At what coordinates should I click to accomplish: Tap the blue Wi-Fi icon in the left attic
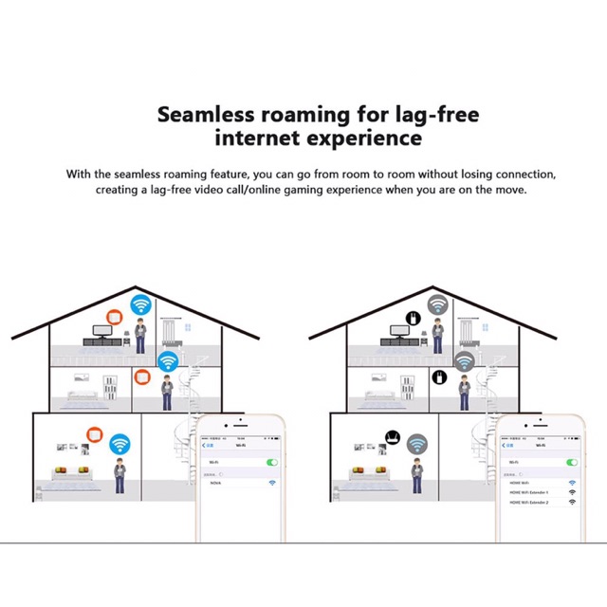(141, 304)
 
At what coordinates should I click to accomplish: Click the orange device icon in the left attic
(115, 317)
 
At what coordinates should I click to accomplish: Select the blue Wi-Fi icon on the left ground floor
(120, 443)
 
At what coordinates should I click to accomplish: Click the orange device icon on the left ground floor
(94, 435)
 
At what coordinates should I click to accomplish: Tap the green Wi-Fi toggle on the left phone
(272, 462)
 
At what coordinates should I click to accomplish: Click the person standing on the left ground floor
(120, 475)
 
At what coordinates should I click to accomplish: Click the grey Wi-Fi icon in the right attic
(437, 304)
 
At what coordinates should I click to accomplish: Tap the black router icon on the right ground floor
(390, 438)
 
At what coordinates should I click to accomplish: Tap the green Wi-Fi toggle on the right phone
(571, 462)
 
